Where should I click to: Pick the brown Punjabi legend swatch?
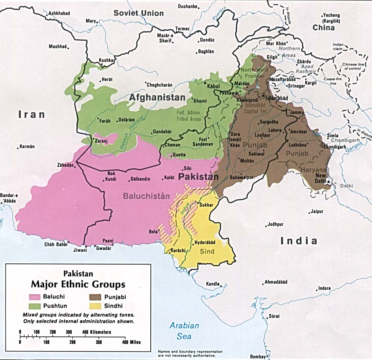tap(93, 297)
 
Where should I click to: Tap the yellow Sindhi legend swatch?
tap(93, 306)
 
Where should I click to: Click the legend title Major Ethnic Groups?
tap(78, 284)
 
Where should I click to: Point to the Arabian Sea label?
tap(184, 331)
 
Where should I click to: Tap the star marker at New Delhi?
tap(329, 181)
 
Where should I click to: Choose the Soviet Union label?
tap(138, 13)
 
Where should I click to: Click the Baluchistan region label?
tap(146, 196)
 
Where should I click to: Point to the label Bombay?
tap(257, 356)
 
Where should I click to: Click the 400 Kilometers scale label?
tap(96, 332)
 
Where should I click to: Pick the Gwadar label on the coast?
tap(104, 248)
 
